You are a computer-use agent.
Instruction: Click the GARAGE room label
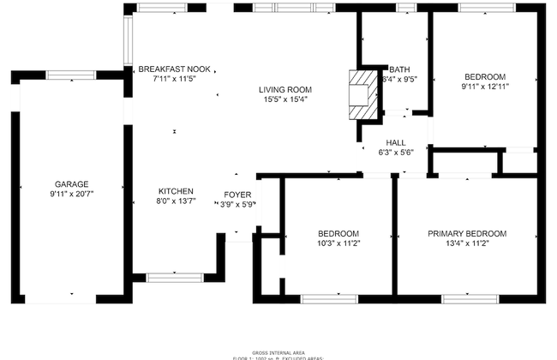point(72,184)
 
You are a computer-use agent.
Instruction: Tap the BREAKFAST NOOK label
point(175,69)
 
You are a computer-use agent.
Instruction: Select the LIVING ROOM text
point(285,89)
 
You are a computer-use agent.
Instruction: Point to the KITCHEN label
point(176,191)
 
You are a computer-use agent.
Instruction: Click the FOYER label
point(237,195)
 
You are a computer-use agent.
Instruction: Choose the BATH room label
point(399,70)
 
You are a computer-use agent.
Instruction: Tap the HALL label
point(396,142)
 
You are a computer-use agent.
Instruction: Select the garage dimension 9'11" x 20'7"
point(72,195)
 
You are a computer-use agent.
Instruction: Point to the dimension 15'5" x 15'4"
point(285,99)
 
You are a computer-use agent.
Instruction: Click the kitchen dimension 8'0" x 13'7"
point(176,201)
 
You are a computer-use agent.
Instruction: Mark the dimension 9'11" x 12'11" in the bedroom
point(484,86)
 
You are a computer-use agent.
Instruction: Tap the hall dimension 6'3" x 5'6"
point(396,153)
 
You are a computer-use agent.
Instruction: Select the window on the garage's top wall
point(71,75)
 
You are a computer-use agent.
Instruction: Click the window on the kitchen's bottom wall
point(175,277)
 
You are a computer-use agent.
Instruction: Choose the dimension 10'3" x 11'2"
point(338,243)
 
